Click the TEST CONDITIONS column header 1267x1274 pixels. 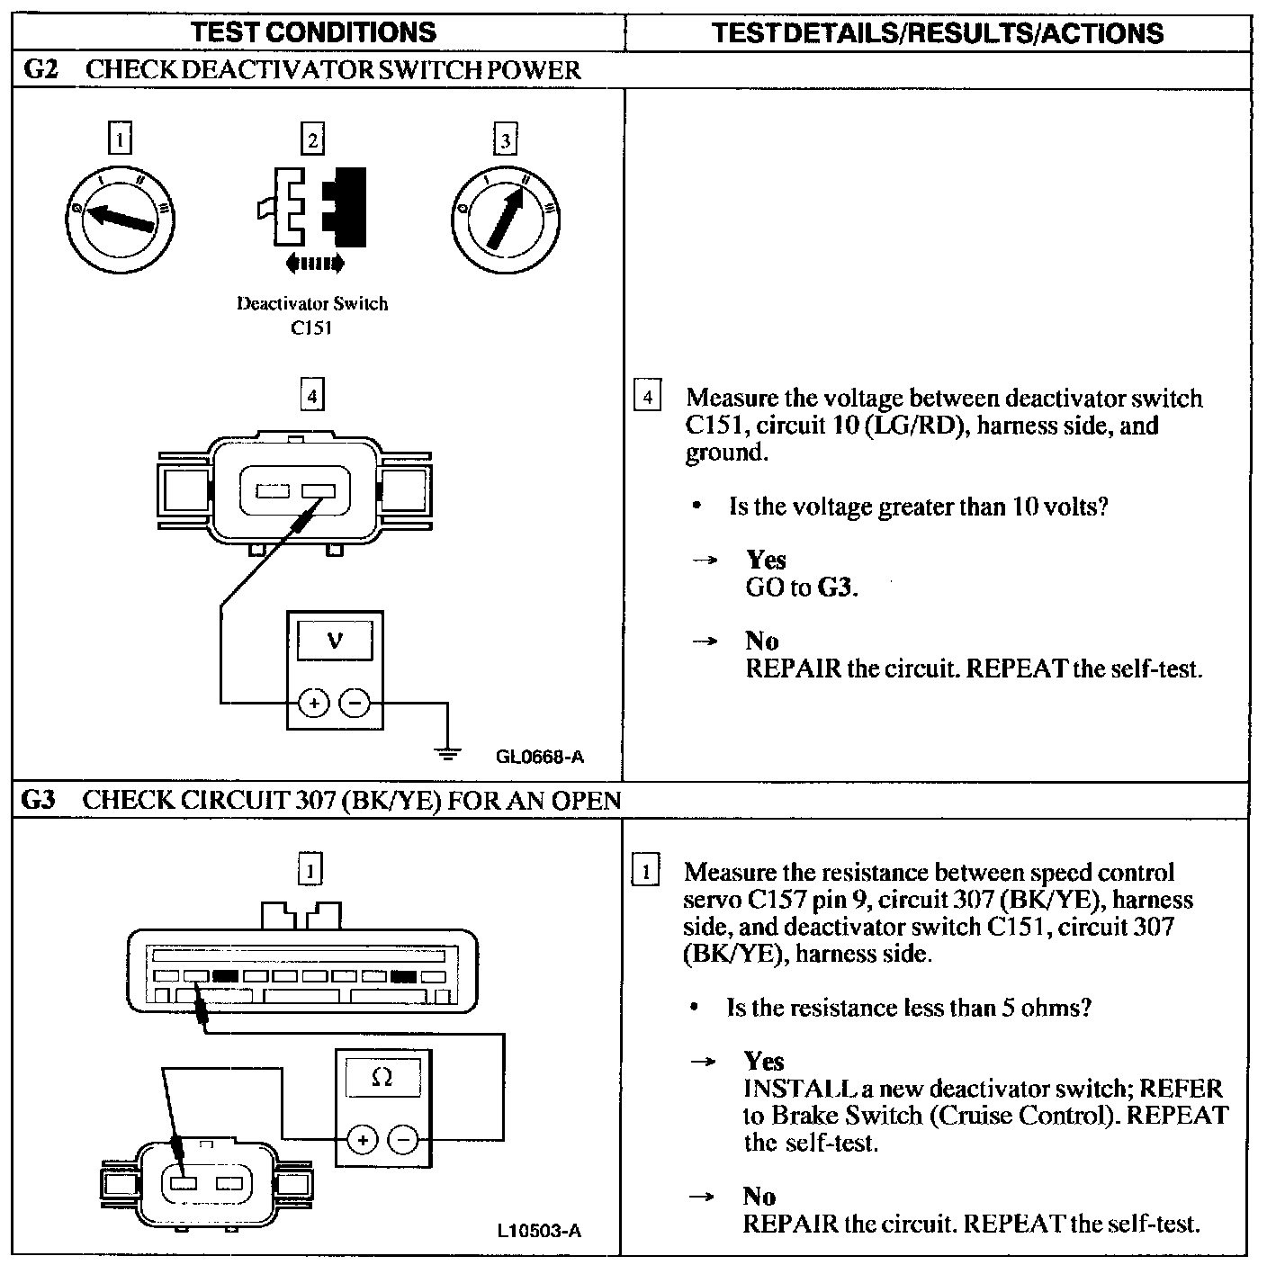[313, 33]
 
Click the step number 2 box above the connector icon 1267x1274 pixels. [312, 140]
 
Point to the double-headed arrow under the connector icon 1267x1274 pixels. [313, 263]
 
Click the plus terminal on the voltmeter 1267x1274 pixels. [313, 702]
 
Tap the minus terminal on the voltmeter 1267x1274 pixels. [356, 702]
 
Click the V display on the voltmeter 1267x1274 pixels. [335, 641]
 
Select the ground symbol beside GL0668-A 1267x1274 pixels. [447, 752]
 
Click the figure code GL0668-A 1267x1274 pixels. [539, 757]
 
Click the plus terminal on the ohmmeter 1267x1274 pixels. [362, 1140]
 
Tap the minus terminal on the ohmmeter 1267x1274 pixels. [402, 1140]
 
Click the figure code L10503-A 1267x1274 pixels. [539, 1230]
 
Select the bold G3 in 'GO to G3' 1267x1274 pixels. [836, 588]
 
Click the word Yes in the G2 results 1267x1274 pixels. [766, 560]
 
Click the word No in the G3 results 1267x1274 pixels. [759, 1196]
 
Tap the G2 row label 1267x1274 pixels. [40, 70]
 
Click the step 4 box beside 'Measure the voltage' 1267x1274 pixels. [647, 397]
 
